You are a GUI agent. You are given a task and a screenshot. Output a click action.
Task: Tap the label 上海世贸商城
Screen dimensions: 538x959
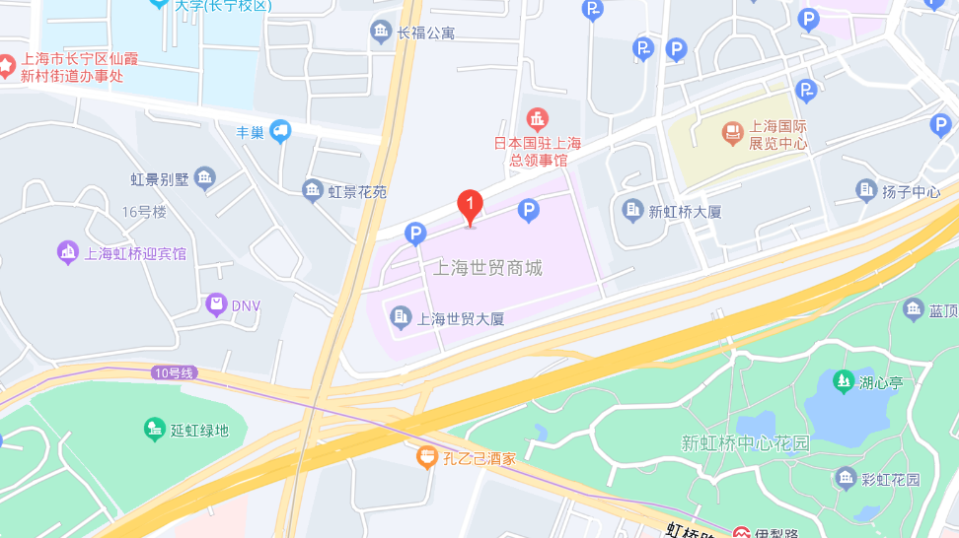click(488, 268)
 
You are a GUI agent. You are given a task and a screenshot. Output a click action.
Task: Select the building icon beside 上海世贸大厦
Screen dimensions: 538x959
click(401, 316)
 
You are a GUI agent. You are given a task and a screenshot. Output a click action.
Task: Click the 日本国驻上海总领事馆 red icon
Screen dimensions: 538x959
click(537, 121)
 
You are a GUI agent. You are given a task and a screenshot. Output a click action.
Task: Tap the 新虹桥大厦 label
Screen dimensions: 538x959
click(686, 211)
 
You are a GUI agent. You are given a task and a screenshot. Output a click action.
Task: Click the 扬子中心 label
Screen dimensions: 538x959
click(912, 191)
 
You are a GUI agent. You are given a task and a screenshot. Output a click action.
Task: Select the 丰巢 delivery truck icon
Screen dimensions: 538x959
click(281, 131)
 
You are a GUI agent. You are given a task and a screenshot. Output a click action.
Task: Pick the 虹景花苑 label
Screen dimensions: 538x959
click(358, 192)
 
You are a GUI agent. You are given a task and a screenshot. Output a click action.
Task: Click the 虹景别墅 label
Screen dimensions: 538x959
click(159, 179)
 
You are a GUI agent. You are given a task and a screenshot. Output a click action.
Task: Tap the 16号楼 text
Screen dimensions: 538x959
click(145, 212)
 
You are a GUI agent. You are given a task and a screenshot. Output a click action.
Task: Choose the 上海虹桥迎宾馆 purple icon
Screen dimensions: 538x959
click(68, 252)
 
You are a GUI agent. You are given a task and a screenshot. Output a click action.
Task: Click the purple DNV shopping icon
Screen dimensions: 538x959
click(216, 304)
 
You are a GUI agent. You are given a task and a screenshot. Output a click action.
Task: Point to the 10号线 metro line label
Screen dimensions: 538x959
click(176, 372)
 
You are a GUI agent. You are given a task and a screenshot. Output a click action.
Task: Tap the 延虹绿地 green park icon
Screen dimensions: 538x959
click(154, 429)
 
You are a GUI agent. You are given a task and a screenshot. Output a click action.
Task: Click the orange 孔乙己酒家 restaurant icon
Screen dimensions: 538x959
click(426, 457)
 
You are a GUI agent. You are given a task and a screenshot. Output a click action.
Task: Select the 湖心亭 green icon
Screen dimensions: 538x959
click(843, 380)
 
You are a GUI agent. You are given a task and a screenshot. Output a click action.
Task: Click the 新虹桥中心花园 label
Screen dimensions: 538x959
click(745, 443)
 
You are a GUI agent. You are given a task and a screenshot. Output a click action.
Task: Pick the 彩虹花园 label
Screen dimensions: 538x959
click(890, 480)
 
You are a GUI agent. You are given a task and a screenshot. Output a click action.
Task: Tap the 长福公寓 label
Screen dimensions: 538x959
click(426, 34)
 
